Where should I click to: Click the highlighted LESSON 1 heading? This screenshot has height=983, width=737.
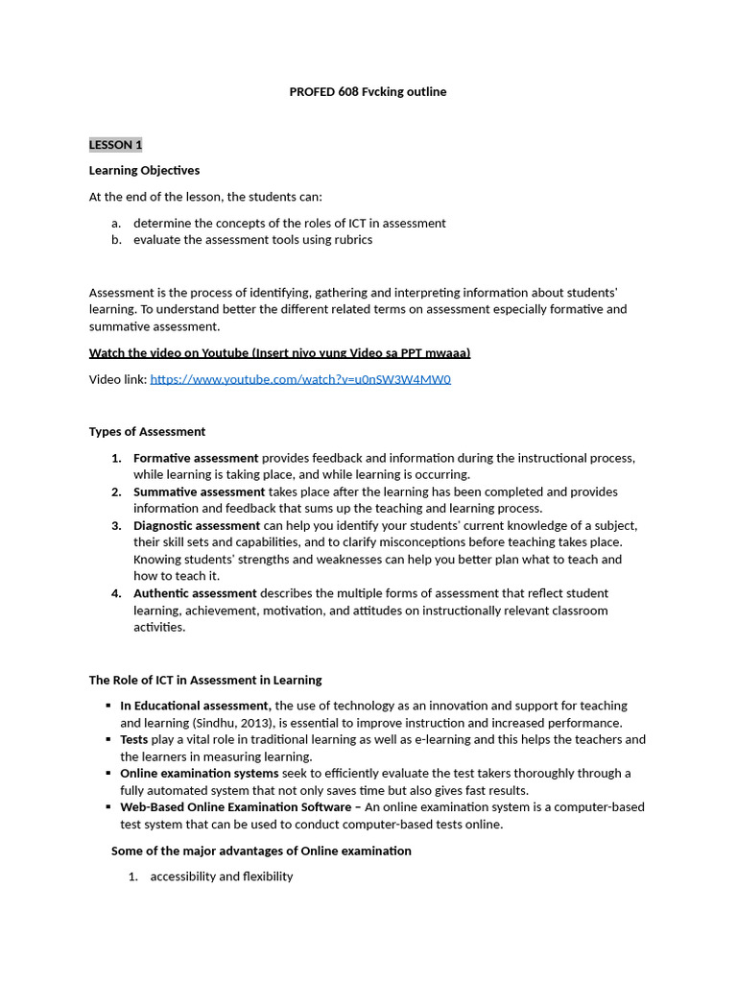click(x=115, y=145)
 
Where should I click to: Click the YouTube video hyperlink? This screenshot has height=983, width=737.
click(x=300, y=379)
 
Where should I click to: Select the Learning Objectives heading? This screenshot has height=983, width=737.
click(x=144, y=170)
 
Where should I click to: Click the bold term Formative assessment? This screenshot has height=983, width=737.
click(x=196, y=458)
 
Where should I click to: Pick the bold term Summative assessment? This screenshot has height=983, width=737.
click(x=199, y=491)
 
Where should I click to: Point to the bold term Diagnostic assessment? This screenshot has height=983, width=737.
click(x=197, y=525)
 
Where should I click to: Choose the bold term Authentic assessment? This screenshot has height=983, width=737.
click(x=195, y=593)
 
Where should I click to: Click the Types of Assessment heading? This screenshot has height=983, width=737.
click(x=147, y=432)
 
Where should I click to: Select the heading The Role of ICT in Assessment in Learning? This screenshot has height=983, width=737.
click(x=205, y=680)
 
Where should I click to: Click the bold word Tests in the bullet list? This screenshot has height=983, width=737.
click(x=133, y=739)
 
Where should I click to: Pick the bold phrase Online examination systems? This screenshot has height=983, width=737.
click(x=199, y=773)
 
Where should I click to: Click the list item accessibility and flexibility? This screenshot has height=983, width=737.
click(x=222, y=876)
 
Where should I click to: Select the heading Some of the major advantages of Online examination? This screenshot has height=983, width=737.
click(x=261, y=851)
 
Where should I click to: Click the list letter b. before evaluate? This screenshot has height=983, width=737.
click(x=116, y=240)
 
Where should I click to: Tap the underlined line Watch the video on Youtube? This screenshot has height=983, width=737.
click(x=279, y=353)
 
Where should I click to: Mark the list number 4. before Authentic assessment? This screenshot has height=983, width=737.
click(x=116, y=593)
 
